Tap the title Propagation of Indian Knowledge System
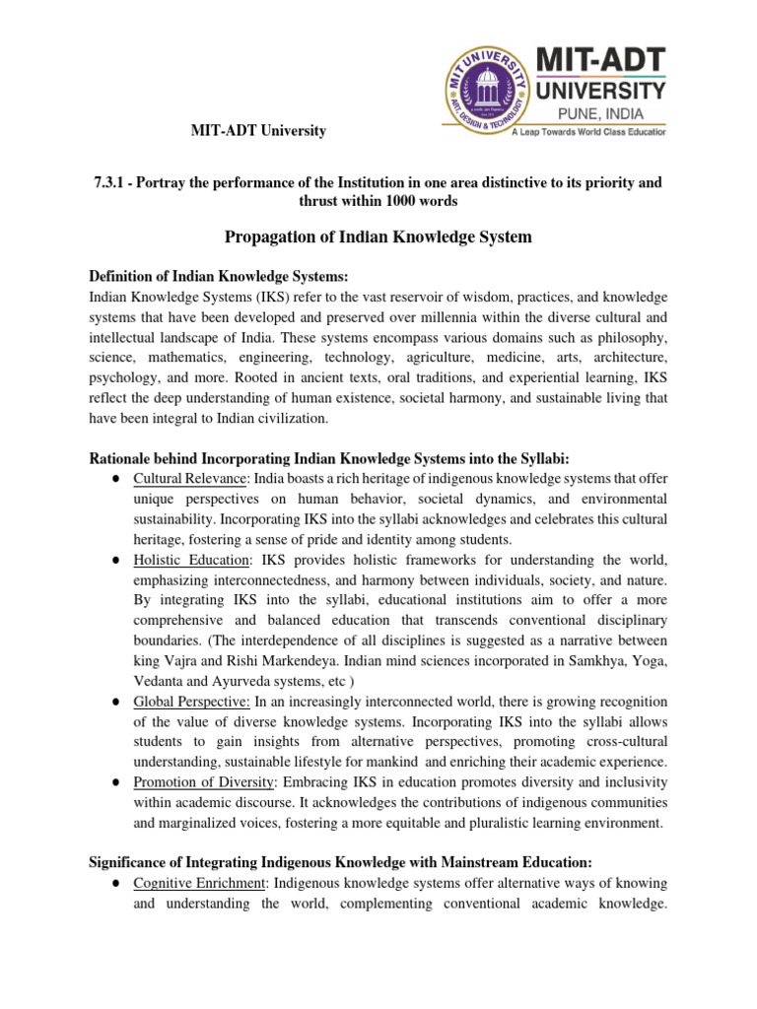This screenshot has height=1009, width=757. pyautogui.click(x=378, y=237)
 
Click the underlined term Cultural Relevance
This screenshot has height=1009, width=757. pyautogui.click(x=188, y=479)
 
